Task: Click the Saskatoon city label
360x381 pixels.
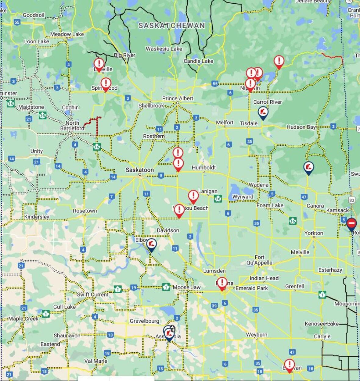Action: point(140,170)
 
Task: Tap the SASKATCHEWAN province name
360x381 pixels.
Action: point(171,25)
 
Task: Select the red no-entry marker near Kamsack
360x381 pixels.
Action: point(351,224)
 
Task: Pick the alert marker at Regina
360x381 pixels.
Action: point(222,283)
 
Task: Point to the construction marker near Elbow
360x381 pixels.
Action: point(151,244)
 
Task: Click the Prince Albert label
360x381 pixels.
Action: point(178,98)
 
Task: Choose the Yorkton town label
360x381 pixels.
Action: point(314,233)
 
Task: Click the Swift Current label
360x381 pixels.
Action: point(92,294)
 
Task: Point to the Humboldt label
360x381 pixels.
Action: point(204,167)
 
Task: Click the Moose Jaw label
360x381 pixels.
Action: point(187,287)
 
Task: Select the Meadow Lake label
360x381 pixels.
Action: point(67,34)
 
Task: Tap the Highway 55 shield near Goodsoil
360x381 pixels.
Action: point(17,22)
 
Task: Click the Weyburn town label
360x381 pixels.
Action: point(257,334)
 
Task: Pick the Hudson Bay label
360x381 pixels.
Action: point(301,127)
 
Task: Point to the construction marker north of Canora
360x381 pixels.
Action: point(308,167)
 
